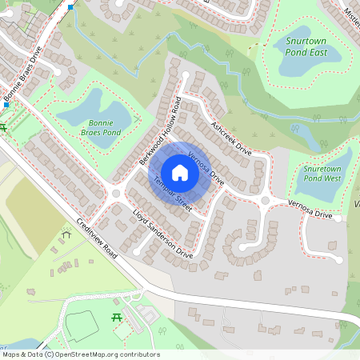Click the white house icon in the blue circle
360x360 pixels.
click(180, 173)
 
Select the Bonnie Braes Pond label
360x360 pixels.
click(101, 127)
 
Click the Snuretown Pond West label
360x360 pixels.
click(323, 174)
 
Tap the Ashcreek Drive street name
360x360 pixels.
click(231, 138)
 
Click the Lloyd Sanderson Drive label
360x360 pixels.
click(163, 234)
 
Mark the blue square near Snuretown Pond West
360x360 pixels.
click(343, 118)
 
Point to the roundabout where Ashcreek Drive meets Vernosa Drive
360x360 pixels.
click(265, 200)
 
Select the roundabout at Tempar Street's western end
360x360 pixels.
click(117, 193)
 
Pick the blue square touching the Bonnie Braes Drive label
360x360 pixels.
click(6, 105)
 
